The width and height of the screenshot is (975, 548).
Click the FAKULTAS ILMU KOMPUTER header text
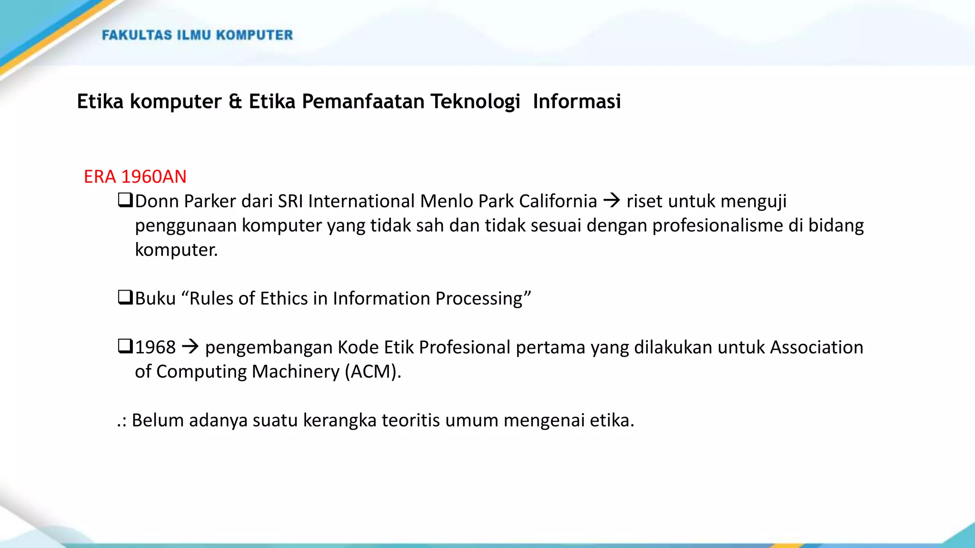tap(197, 35)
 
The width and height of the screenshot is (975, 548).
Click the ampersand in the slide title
tap(235, 101)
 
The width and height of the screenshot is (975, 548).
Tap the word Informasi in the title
tap(577, 101)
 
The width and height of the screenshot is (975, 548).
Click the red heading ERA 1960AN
tap(135, 176)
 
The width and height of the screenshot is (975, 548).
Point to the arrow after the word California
tap(612, 201)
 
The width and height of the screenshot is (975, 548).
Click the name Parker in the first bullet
tap(210, 201)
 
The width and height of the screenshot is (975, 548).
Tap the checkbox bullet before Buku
tap(125, 297)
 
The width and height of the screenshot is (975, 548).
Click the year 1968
tap(155, 347)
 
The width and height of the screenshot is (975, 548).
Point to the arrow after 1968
tap(190, 347)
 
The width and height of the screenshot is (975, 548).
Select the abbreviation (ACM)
tap(373, 372)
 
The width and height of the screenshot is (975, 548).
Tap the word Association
tap(816, 347)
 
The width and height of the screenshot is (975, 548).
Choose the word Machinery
tap(295, 372)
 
